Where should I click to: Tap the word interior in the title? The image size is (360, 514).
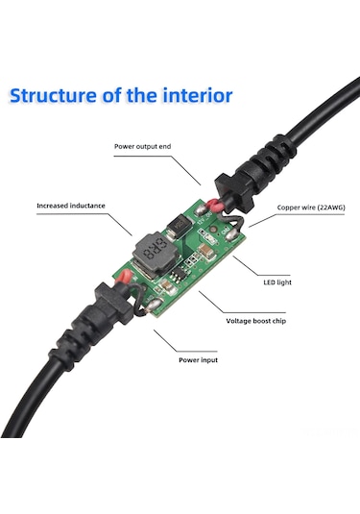[196, 96]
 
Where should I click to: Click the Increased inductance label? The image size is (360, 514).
[72, 205]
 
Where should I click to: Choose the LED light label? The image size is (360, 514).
[277, 282]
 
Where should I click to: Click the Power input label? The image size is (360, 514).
[199, 361]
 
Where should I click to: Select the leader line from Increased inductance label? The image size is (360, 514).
[122, 220]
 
